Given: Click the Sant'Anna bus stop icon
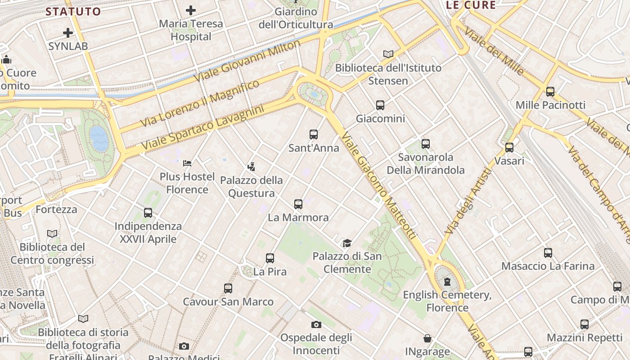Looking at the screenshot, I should pyautogui.click(x=314, y=134).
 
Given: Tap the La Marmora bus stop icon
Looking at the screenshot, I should pyautogui.click(x=298, y=204).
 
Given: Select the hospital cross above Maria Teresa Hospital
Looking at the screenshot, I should pyautogui.click(x=191, y=10).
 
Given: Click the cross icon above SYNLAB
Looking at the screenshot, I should pyautogui.click(x=68, y=33).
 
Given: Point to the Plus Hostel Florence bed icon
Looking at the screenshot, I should pyautogui.click(x=187, y=163).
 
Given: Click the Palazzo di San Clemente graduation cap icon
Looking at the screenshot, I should pyautogui.click(x=347, y=243).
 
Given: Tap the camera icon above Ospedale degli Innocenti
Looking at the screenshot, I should pyautogui.click(x=316, y=324).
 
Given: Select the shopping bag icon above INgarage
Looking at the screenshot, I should pyautogui.click(x=427, y=338).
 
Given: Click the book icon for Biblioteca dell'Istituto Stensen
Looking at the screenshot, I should pyautogui.click(x=388, y=54).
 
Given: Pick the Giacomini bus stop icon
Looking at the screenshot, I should pyautogui.click(x=380, y=105).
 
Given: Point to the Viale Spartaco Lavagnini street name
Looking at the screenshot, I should pyautogui.click(x=202, y=128).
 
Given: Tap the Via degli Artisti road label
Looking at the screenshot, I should pyautogui.click(x=468, y=201).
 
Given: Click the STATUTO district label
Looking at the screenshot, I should pyautogui.click(x=73, y=12).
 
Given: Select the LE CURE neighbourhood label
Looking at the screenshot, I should pyautogui.click(x=471, y=5).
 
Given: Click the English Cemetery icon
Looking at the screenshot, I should pyautogui.click(x=447, y=282).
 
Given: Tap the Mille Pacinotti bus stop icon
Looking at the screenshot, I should pyautogui.click(x=550, y=92).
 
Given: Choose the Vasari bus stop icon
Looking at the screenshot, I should pyautogui.click(x=509, y=148).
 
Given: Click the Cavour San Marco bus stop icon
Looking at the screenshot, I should pyautogui.click(x=228, y=288).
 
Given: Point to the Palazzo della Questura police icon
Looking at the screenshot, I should pyautogui.click(x=251, y=167).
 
